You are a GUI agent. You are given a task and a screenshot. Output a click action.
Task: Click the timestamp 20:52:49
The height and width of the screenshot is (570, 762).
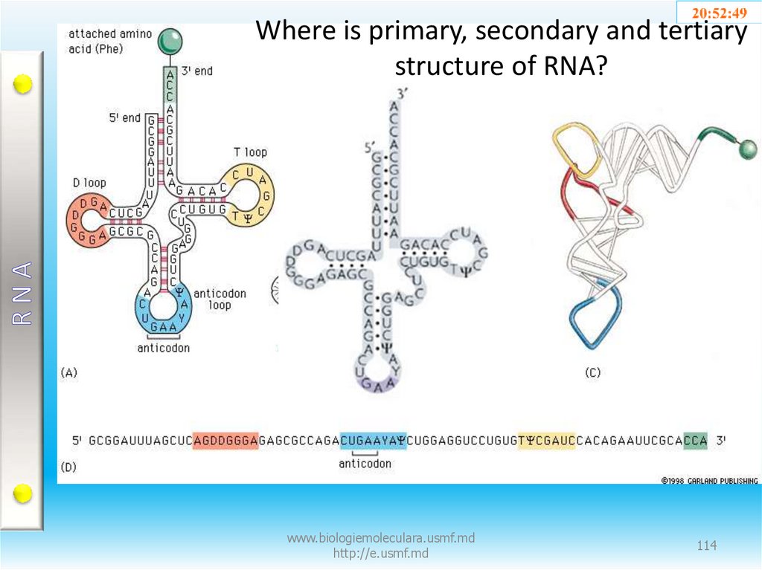click(719, 13)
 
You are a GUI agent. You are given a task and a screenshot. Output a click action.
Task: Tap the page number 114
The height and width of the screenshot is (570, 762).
click(706, 546)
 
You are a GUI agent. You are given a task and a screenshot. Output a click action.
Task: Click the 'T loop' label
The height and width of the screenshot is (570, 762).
click(250, 152)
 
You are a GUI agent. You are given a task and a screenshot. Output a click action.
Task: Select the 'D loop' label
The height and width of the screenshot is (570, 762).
click(89, 182)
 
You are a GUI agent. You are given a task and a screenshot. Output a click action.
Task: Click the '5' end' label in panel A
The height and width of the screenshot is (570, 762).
click(124, 117)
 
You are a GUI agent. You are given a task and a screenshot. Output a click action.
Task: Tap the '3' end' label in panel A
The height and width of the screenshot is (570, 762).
click(197, 71)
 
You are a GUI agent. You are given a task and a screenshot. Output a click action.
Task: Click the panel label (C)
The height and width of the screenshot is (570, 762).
click(592, 373)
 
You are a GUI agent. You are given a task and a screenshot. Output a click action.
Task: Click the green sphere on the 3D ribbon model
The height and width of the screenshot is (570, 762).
click(747, 150)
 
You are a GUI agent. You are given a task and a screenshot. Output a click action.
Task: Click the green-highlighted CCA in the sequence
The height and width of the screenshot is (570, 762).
click(695, 441)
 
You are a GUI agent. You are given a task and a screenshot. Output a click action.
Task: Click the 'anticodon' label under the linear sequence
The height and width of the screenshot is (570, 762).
click(365, 464)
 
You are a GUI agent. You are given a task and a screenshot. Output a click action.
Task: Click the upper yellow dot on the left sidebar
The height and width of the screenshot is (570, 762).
click(23, 84)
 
